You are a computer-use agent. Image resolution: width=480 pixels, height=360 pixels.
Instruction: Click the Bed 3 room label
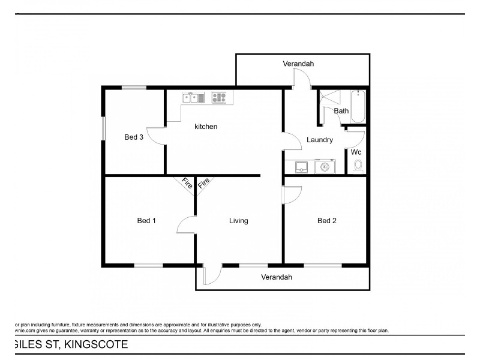click(x=133, y=137)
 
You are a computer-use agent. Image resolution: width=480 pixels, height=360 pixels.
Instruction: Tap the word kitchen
click(x=205, y=127)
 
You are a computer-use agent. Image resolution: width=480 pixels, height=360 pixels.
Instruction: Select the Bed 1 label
click(x=146, y=221)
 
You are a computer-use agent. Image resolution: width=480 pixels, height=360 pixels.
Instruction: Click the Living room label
click(x=238, y=221)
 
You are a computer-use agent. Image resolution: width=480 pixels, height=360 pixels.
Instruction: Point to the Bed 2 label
click(x=326, y=221)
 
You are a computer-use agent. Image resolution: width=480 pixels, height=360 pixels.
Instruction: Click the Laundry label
click(x=319, y=140)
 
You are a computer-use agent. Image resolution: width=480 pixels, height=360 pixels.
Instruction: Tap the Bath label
click(x=341, y=111)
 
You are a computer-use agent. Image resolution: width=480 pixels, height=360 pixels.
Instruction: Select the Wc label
click(x=356, y=152)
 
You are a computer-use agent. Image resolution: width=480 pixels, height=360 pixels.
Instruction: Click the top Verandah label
click(x=298, y=64)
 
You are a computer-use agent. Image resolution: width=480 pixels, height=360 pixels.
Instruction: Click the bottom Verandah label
click(x=276, y=277)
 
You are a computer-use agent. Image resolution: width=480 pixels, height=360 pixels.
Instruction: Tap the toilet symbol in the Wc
click(x=359, y=166)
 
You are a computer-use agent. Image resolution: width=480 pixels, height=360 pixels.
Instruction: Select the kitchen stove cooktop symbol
click(x=219, y=97)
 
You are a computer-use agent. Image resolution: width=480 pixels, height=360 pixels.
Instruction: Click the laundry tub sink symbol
click(x=302, y=166)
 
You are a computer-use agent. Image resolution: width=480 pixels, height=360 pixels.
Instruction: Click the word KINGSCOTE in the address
click(x=95, y=344)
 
